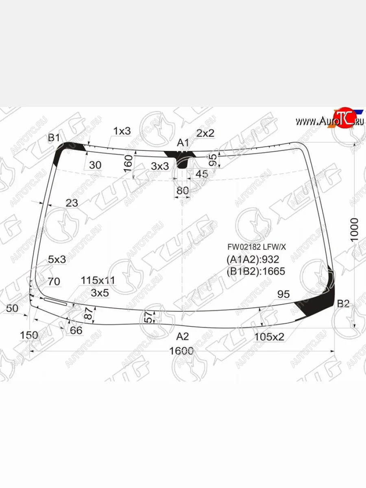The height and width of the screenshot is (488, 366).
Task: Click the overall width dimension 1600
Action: (x=181, y=351)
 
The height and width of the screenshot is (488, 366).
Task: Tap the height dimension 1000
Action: (x=355, y=229)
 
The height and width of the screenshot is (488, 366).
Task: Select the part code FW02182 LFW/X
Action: (x=257, y=247)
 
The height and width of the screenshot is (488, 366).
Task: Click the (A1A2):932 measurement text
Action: (x=253, y=260)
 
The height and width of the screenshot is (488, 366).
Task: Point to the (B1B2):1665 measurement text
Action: (x=256, y=271)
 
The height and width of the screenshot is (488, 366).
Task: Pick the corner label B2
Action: (x=344, y=303)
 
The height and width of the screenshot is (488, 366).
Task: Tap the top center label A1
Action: (x=183, y=143)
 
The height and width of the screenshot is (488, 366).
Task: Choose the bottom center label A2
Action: (x=183, y=337)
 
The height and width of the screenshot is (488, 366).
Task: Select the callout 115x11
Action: (x=98, y=280)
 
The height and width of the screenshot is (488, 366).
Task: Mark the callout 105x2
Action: (x=269, y=337)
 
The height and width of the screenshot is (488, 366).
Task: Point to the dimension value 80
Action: (x=183, y=190)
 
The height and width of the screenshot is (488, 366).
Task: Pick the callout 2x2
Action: (x=205, y=133)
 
